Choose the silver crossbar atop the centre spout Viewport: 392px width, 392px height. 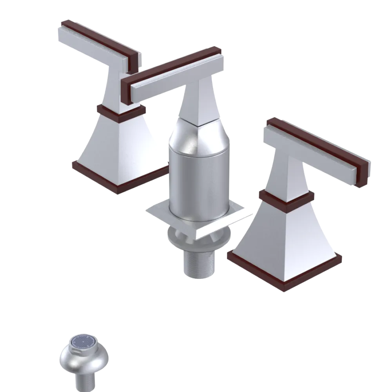pyautogui.click(x=176, y=78)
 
